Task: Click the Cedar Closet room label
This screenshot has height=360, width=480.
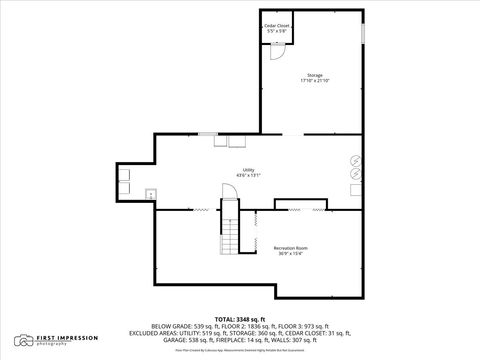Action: click(276, 25)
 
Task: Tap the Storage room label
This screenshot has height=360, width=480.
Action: click(315, 75)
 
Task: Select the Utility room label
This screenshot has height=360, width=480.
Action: click(248, 170)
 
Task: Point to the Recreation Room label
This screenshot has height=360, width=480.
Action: click(290, 247)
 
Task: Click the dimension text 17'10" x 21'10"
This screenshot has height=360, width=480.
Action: click(315, 82)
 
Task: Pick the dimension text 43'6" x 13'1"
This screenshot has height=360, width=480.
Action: click(248, 176)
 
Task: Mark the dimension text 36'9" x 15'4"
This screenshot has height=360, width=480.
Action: click(290, 254)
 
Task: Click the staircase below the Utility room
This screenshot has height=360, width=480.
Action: click(231, 238)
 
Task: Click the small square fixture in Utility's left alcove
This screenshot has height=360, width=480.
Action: click(149, 192)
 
